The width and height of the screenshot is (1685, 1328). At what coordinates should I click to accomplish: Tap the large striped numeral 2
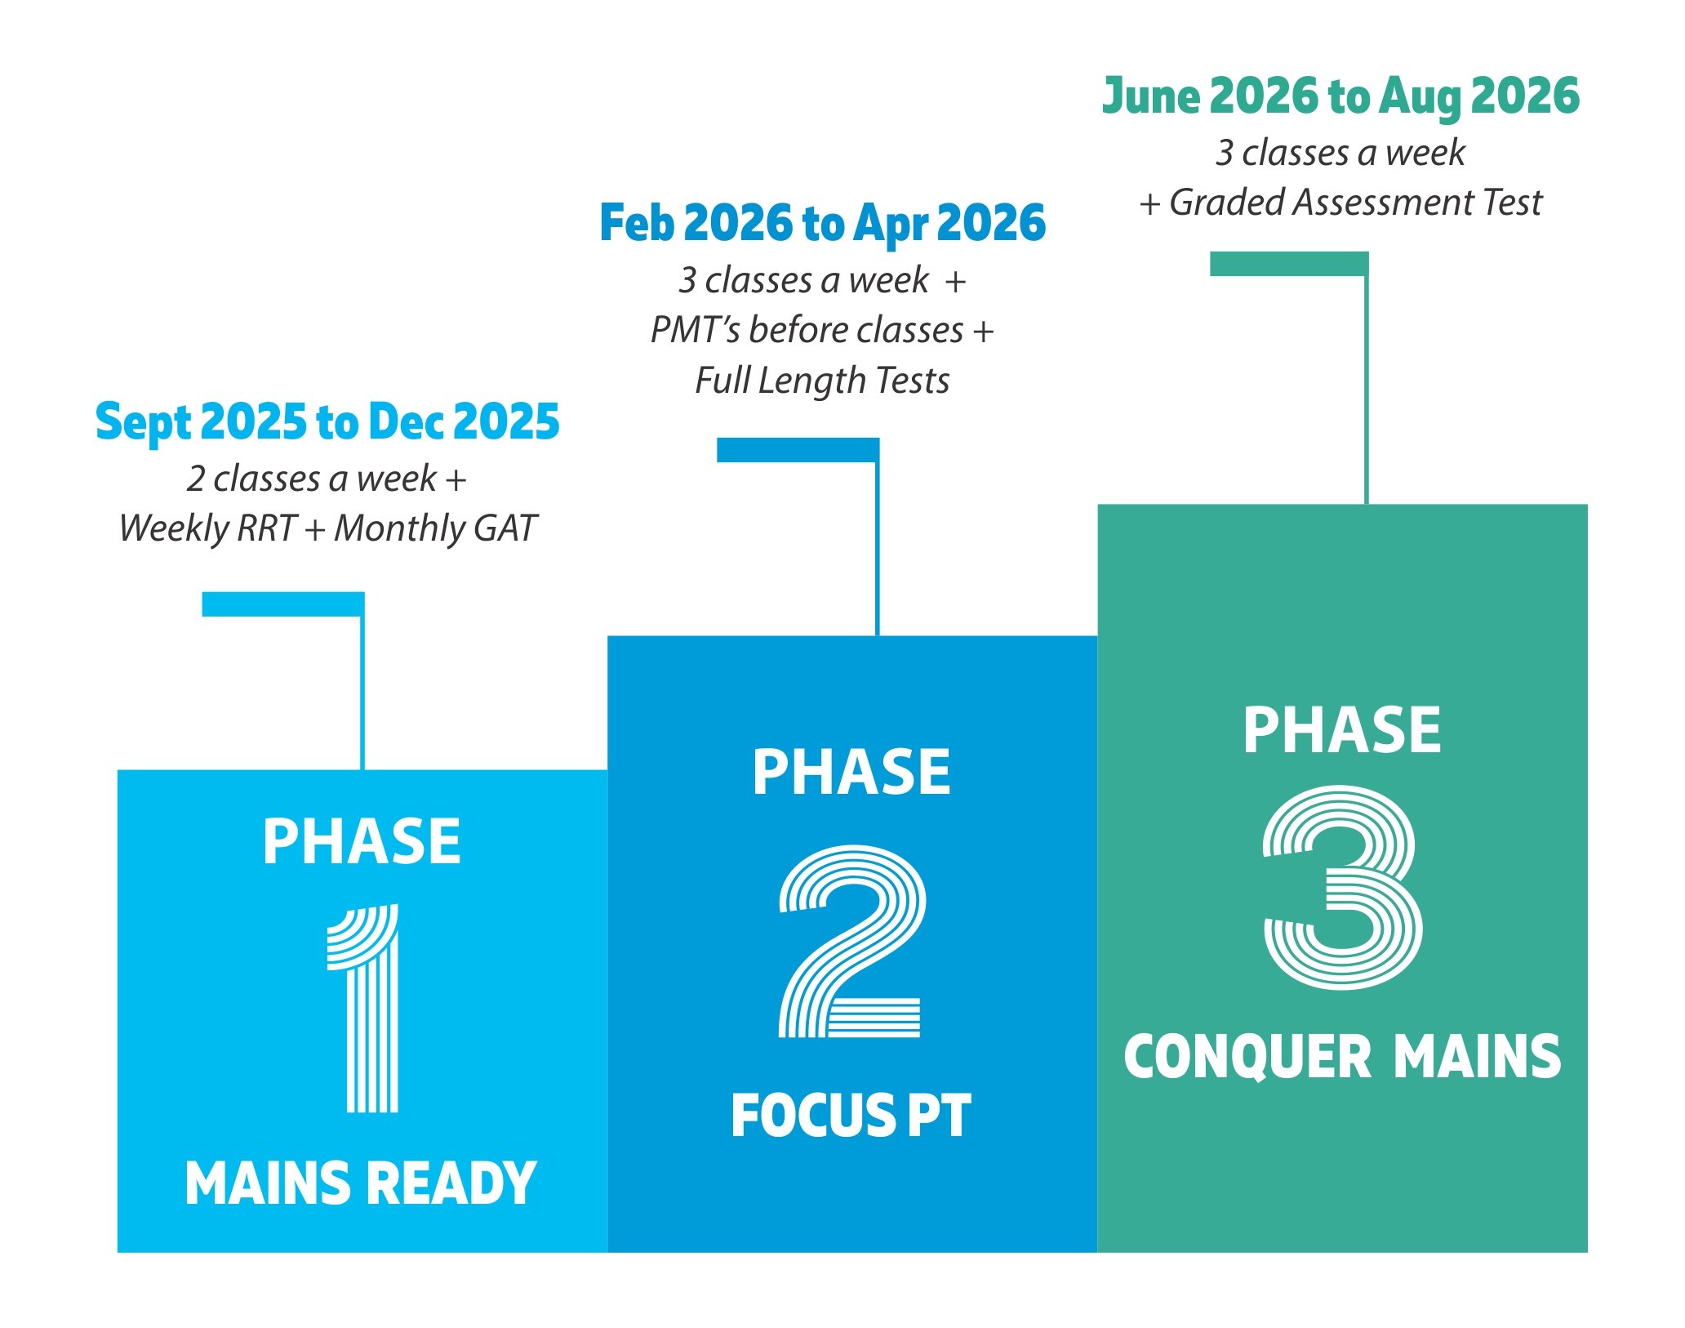[x=851, y=942]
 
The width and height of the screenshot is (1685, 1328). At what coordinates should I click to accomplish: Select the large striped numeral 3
[x=1342, y=888]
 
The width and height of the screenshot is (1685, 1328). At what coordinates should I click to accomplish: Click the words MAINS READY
[x=361, y=1183]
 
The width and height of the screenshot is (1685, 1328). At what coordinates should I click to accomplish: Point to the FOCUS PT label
[x=851, y=1116]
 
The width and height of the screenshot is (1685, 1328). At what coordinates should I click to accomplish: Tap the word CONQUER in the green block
[x=1247, y=1057]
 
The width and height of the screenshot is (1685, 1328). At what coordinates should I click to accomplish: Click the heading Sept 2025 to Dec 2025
[x=327, y=422]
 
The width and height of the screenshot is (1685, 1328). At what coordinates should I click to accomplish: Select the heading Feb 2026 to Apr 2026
[x=822, y=223]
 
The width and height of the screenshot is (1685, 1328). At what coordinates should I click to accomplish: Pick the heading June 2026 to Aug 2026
[x=1340, y=96]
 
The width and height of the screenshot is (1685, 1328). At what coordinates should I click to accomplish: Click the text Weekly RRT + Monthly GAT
[x=327, y=528]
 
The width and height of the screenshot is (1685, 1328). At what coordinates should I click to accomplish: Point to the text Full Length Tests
[x=822, y=381]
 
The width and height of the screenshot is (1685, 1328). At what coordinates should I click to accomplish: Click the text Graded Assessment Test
[x=1355, y=203]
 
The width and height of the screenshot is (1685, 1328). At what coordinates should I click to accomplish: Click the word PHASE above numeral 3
[x=1342, y=730]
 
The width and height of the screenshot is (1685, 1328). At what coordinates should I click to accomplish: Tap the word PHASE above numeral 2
[x=851, y=773]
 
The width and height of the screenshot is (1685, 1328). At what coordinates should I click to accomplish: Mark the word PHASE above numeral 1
[x=361, y=842]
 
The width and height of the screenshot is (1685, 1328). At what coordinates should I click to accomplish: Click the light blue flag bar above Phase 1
[x=282, y=604]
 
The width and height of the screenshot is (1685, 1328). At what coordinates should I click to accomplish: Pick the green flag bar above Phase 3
[x=1288, y=264]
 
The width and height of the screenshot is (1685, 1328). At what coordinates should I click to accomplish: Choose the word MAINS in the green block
[x=1477, y=1057]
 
